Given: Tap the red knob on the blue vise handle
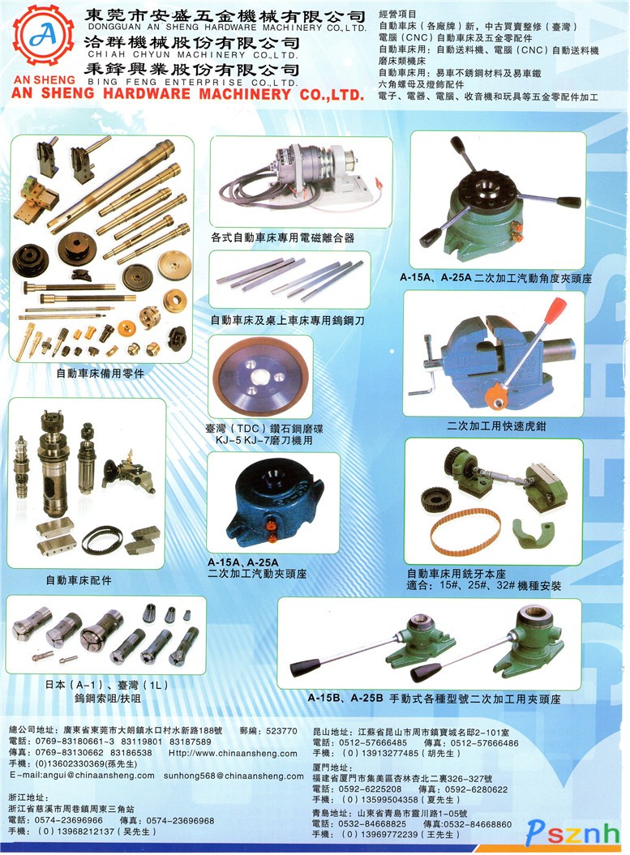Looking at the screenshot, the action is coord(556,310).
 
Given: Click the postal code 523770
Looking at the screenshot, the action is coord(281,731).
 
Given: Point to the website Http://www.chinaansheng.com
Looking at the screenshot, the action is coord(233,753).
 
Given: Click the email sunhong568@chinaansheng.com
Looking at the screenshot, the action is coord(234,776).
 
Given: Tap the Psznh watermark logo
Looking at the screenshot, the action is coord(572,832).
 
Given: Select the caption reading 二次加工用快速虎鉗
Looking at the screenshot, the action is coord(496,425).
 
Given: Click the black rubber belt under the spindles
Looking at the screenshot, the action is coord(102,540).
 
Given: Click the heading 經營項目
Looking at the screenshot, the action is coord(397,14).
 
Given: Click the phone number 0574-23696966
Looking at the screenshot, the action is coord(69,820).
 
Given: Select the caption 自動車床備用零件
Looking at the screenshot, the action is coord(101,374).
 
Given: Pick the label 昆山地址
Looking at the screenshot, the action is coord(331,732).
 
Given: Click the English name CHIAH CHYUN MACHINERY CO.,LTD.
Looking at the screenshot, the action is coord(193,55).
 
